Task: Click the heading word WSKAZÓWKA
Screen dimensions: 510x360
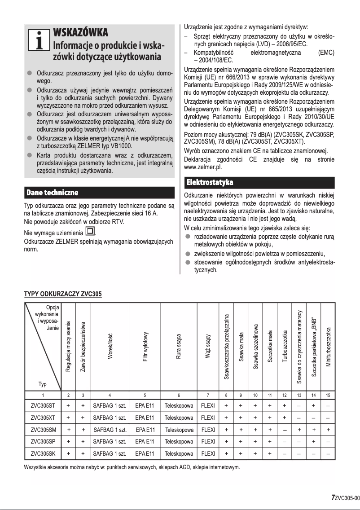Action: point(80,33)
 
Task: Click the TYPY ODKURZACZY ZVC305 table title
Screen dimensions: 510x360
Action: point(62,295)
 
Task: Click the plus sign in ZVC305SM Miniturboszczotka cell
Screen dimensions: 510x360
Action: point(328,430)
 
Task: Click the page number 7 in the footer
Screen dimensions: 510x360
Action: point(333,497)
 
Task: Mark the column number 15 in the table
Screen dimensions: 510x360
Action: point(328,395)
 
